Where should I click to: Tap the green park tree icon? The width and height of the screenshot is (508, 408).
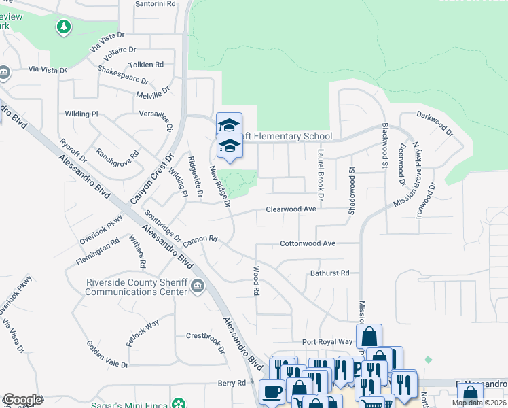(63, 27)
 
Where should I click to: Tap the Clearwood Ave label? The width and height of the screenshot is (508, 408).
(291, 209)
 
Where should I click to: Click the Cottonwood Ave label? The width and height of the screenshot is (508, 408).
(308, 243)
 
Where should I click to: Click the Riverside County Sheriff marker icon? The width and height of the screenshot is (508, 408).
(197, 285)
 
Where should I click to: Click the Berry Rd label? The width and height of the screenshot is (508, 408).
(231, 384)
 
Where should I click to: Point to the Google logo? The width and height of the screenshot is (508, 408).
(22, 400)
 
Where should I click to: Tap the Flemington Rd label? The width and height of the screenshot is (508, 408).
(98, 245)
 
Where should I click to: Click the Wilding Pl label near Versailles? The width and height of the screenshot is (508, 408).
(81, 114)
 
